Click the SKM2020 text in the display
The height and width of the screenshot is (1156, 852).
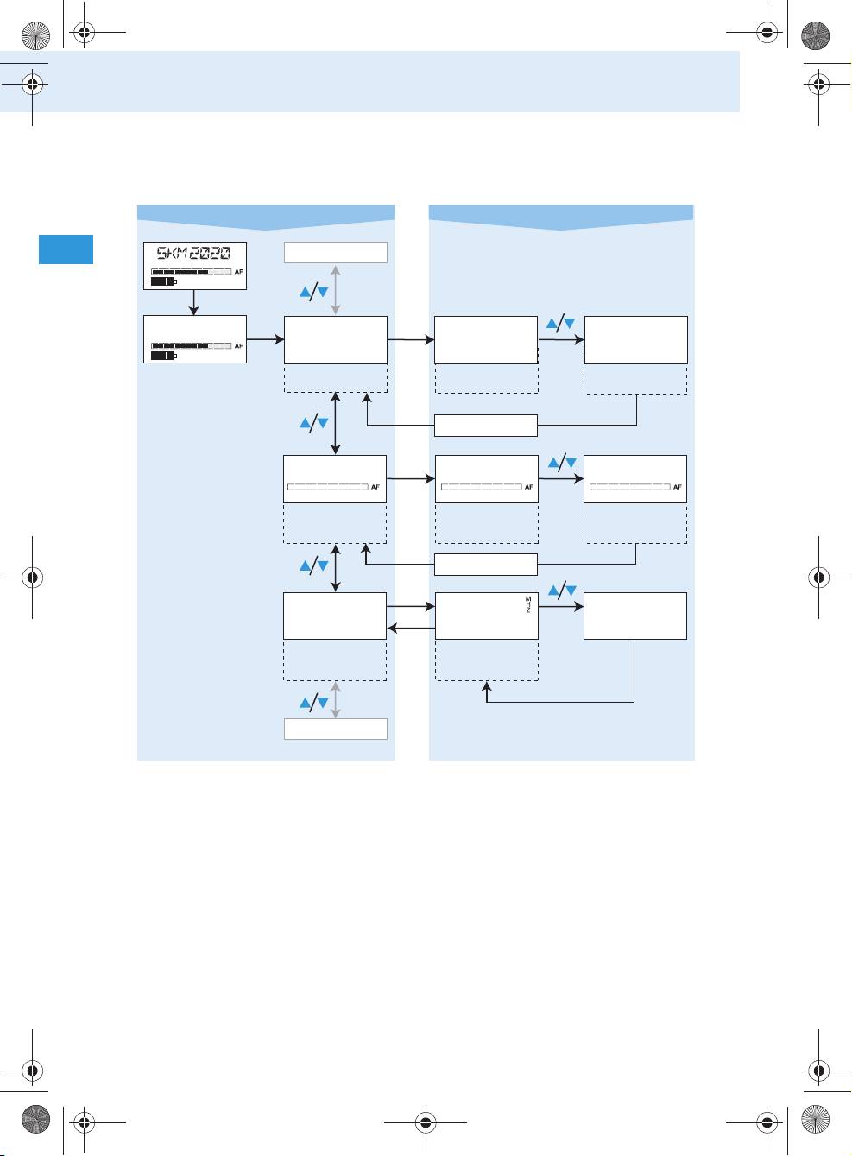click(x=193, y=253)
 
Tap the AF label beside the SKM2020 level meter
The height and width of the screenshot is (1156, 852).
click(x=238, y=271)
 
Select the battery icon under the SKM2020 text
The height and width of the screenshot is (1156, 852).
click(x=164, y=281)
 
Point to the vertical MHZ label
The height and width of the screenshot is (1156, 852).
click(x=528, y=605)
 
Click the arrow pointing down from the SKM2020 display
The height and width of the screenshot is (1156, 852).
click(x=193, y=302)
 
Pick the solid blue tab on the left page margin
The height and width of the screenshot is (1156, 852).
click(x=66, y=250)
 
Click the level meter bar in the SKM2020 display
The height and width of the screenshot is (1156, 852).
click(x=191, y=271)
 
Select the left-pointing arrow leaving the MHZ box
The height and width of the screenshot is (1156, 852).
click(x=411, y=628)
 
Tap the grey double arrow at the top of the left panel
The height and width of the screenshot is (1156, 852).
click(x=336, y=289)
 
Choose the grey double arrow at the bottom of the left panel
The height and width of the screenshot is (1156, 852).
click(x=336, y=700)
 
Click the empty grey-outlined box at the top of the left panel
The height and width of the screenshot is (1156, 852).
click(x=336, y=252)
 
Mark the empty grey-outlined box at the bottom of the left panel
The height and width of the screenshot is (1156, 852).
click(x=336, y=729)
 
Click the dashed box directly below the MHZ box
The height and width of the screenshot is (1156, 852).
click(x=487, y=660)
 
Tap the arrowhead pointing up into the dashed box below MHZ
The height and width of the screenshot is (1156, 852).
click(x=486, y=686)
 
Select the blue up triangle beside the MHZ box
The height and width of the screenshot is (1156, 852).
click(x=553, y=590)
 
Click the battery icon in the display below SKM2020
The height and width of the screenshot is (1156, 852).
click(x=164, y=356)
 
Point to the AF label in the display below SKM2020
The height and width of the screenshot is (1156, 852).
click(x=238, y=346)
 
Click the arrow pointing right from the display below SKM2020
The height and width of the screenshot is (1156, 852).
click(x=265, y=339)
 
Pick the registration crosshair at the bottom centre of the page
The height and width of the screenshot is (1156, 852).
click(x=426, y=1122)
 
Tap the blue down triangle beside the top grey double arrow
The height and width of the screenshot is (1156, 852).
click(x=323, y=292)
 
